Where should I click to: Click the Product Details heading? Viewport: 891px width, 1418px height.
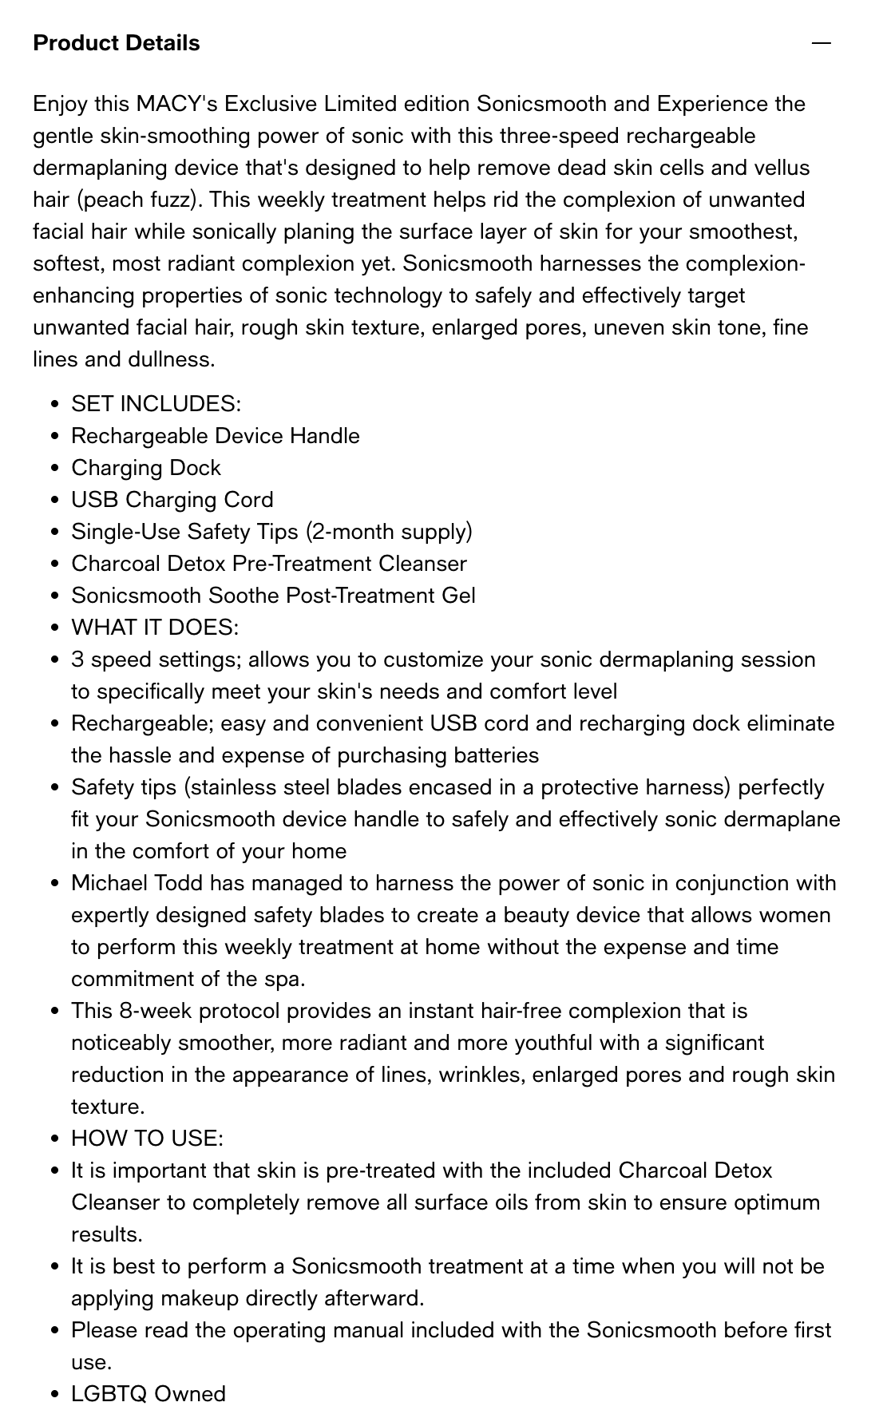tap(117, 43)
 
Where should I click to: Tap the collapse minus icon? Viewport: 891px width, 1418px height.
tap(821, 43)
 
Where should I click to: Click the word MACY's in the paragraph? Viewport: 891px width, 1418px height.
tap(177, 104)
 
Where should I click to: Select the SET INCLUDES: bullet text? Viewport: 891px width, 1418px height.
tap(156, 404)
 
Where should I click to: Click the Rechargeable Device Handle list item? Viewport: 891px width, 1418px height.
tap(215, 436)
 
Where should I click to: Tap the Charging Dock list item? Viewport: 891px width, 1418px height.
tap(145, 468)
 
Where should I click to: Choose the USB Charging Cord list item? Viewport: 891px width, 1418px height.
tap(172, 500)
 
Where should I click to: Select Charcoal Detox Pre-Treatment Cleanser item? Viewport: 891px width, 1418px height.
tap(269, 564)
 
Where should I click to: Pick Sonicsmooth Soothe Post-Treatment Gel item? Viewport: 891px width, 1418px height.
tap(273, 596)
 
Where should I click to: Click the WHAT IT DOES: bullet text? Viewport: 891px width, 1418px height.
tap(155, 628)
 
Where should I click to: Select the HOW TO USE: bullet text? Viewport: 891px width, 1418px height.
tap(147, 1139)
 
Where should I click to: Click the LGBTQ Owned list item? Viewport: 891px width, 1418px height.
tap(148, 1394)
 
